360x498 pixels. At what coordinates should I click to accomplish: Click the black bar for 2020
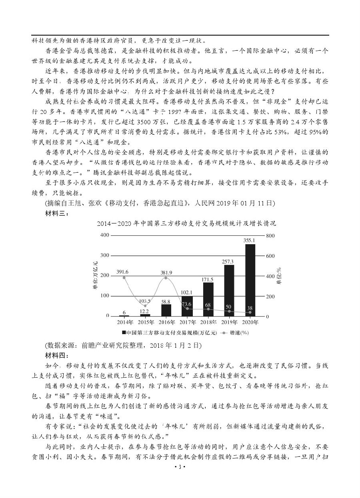(x=250, y=280)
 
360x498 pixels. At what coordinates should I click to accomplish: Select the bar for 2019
(x=229, y=290)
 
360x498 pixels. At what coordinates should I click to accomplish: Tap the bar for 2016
(x=166, y=310)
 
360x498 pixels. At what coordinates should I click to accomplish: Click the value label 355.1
(x=249, y=240)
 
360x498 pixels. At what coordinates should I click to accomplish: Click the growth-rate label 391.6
(x=122, y=272)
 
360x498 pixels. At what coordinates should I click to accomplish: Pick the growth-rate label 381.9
(x=166, y=273)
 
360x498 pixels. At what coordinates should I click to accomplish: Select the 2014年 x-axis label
(x=124, y=322)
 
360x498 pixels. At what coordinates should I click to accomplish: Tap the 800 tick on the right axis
(x=270, y=236)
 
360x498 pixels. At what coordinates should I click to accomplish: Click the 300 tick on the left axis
(x=105, y=255)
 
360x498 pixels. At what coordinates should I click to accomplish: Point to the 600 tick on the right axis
(x=270, y=256)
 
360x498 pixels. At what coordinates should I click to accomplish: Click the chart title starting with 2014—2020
(x=186, y=223)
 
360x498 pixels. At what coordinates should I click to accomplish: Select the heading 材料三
(x=58, y=214)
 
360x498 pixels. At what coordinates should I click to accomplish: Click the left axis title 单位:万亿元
(x=95, y=276)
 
